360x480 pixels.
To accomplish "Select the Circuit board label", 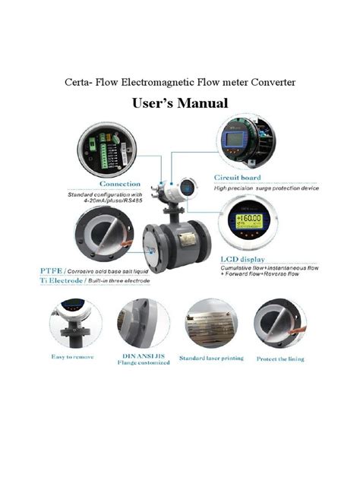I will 238,178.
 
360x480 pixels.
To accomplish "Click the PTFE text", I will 51,270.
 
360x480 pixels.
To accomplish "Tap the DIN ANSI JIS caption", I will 144,355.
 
